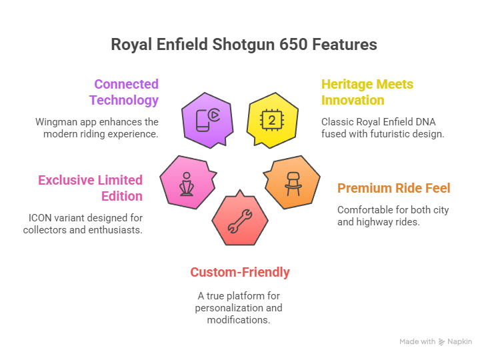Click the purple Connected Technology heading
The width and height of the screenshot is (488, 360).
pyautogui.click(x=126, y=93)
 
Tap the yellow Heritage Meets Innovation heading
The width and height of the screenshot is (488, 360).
pyautogui.click(x=367, y=93)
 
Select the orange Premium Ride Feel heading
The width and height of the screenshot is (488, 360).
pyautogui.click(x=393, y=188)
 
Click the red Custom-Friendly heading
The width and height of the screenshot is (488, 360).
pyautogui.click(x=240, y=272)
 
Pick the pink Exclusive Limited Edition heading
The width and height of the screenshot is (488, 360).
pyautogui.click(x=91, y=188)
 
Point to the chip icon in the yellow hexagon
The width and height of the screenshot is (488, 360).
pyautogui.click(x=271, y=121)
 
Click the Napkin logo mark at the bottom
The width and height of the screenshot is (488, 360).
pyautogui.click(x=441, y=341)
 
